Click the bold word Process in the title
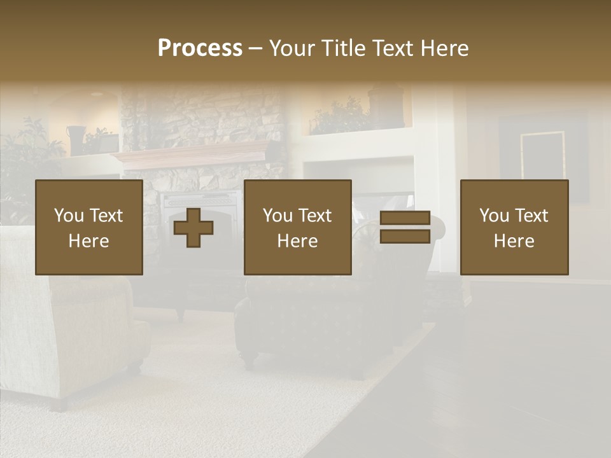[200, 48]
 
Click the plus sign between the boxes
[193, 227]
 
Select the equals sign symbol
[405, 227]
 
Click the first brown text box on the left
[89, 227]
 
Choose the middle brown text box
[298, 227]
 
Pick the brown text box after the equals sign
[514, 227]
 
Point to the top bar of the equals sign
[405, 218]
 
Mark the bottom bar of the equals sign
[405, 237]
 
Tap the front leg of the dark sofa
[249, 363]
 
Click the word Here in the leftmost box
[89, 241]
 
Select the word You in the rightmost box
[495, 216]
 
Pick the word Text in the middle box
[314, 216]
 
